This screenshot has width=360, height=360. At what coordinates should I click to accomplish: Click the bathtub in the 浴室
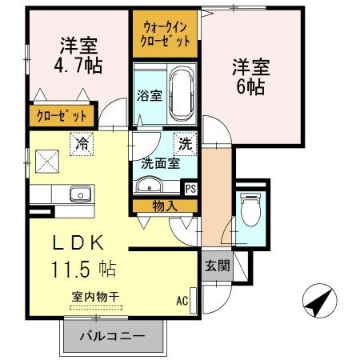[182, 93]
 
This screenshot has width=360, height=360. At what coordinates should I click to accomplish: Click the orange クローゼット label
[61, 116]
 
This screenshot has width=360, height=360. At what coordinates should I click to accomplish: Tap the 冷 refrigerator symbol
[81, 145]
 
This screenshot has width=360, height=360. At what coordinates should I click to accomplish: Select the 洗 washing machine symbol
[184, 145]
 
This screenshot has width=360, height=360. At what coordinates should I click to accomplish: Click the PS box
[190, 189]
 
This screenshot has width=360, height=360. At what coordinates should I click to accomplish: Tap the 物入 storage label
[165, 206]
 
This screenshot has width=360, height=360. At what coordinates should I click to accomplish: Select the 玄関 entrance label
[216, 266]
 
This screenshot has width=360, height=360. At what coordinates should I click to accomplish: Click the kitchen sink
[80, 194]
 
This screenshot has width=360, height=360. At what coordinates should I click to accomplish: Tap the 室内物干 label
[95, 296]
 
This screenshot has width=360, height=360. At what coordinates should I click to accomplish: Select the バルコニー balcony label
[111, 336]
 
